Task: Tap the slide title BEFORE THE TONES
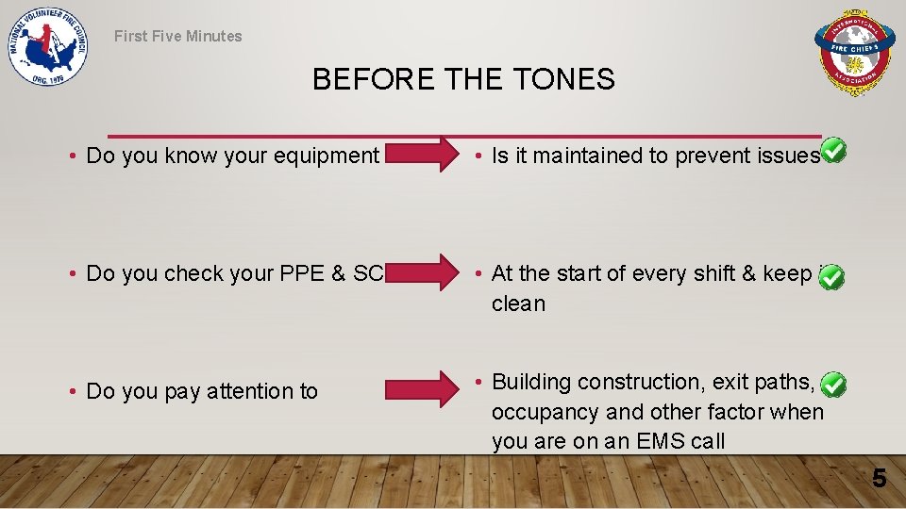click(x=463, y=80)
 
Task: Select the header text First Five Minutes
click(x=178, y=37)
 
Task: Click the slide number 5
click(x=879, y=479)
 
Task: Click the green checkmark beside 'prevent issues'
click(x=832, y=151)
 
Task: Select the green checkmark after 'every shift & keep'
click(x=832, y=276)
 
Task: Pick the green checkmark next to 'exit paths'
click(x=832, y=384)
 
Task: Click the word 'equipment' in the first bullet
click(x=329, y=156)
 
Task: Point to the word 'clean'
click(x=518, y=304)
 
